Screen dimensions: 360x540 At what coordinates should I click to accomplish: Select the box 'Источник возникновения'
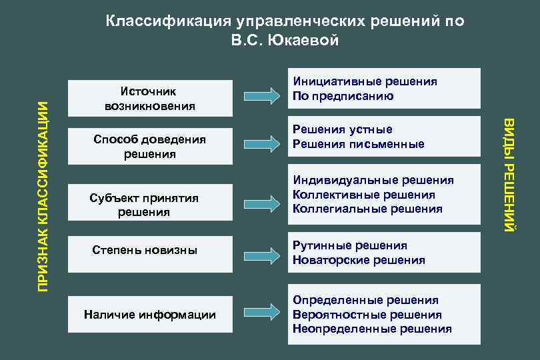coord(149,98)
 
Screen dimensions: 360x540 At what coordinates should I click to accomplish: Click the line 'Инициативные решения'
coord(365,81)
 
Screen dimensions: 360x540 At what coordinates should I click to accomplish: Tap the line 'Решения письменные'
coord(358,144)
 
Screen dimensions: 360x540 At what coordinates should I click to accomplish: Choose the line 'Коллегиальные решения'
coord(367,209)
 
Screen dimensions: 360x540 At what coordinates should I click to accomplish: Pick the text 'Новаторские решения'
coord(359,260)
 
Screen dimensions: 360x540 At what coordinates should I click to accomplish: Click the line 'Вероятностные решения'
coord(367,315)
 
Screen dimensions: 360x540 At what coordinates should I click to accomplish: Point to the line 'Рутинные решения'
coord(349,245)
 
